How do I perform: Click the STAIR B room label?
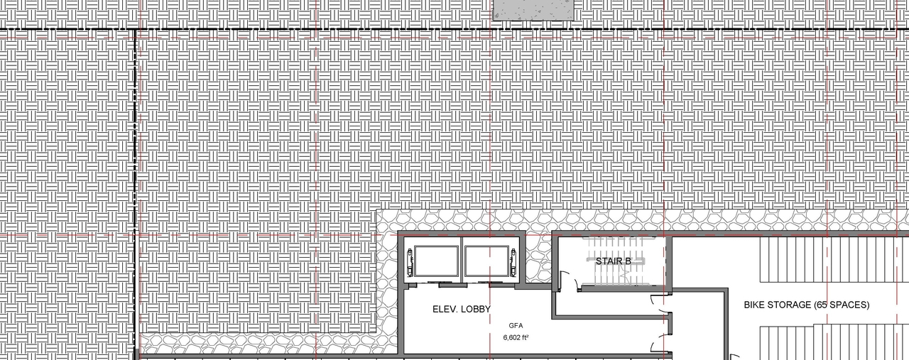coord(614,261)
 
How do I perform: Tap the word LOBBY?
coord(472,310)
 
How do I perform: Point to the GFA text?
coord(516,326)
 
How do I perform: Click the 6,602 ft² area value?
coord(516,338)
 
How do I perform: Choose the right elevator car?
coord(486,262)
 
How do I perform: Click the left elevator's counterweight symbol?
coord(409,262)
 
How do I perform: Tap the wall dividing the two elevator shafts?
coord(462,262)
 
